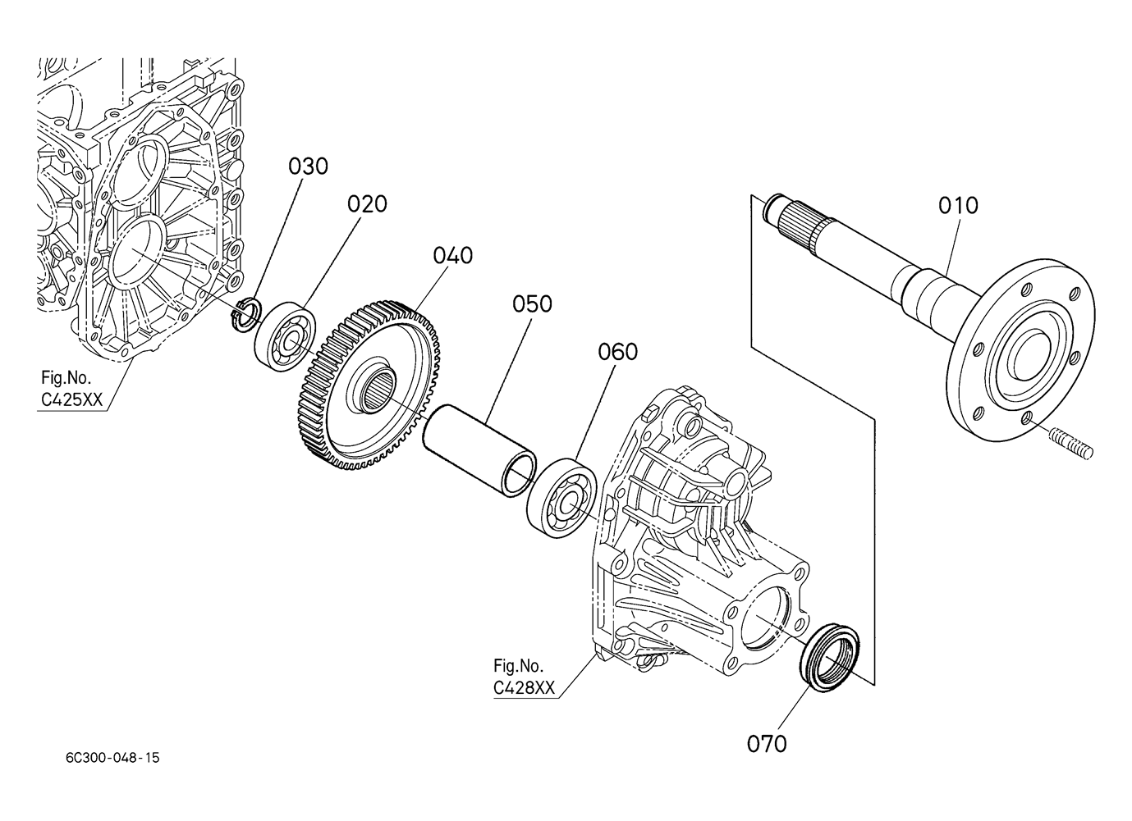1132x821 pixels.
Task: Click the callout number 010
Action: point(958,206)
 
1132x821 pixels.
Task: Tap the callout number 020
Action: point(367,204)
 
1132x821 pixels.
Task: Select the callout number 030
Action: point(309,166)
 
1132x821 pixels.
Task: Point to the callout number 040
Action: point(453,256)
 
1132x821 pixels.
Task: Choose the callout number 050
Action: point(532,304)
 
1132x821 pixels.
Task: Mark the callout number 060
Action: point(617,352)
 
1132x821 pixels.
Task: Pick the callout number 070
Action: point(768,744)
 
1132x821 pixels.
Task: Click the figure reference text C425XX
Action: point(71,400)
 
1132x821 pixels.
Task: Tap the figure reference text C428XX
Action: point(524,687)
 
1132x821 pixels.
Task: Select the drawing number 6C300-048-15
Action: point(112,757)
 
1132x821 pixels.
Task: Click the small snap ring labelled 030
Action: point(246,315)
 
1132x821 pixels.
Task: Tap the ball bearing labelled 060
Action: point(561,499)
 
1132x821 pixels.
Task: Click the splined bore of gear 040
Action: point(378,388)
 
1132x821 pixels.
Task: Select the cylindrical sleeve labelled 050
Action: point(479,451)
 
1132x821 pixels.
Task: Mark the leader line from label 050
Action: point(509,370)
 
